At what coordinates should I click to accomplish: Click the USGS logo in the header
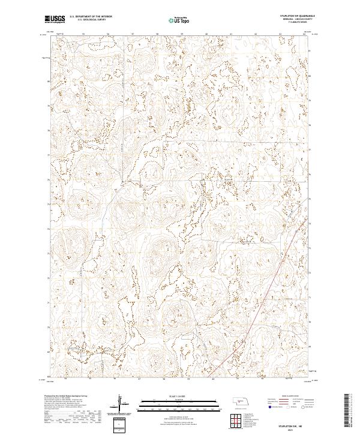[54, 20]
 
